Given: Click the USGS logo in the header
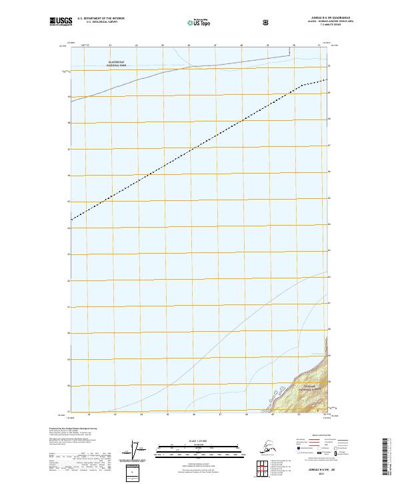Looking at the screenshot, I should [x=61, y=22].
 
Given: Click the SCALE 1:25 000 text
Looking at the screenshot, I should [x=201, y=440].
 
